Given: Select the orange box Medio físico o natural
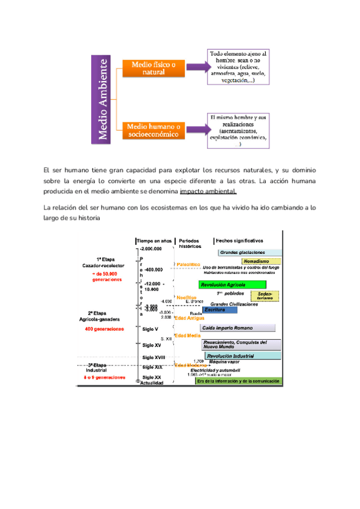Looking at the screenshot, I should [x=154, y=68].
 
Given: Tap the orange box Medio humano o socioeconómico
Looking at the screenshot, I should [x=154, y=131].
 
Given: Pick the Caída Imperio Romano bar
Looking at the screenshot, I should [x=239, y=328].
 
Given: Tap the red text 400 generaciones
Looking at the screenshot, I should [x=105, y=329].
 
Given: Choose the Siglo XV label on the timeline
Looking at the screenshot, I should [x=152, y=345].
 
